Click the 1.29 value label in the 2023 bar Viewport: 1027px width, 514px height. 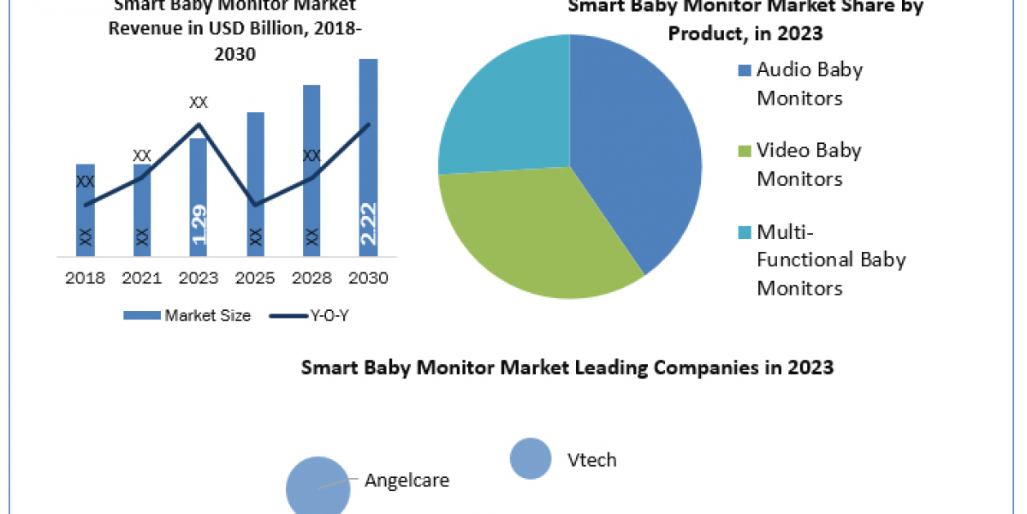pos(199,224)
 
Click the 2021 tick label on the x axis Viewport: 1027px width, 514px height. pos(142,278)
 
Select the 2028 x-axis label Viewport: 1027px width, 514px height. pos(312,278)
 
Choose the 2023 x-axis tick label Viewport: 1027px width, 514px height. pos(199,278)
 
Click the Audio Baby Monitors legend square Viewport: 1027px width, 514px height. pos(743,70)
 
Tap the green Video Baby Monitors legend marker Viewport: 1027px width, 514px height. pos(743,152)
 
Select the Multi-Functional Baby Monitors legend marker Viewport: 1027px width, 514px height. pos(743,232)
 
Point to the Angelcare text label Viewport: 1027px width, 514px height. pos(407,480)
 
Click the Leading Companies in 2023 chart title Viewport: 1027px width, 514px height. pos(567,368)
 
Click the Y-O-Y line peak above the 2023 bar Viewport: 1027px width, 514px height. pos(199,125)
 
